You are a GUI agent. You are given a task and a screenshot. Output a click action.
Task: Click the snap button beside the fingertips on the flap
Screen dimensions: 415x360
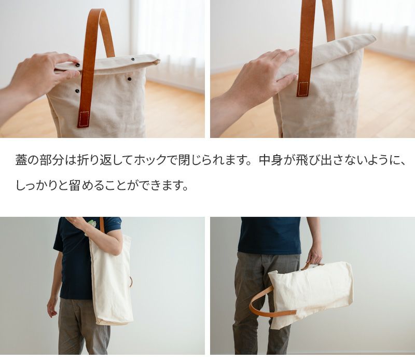[x=77, y=65]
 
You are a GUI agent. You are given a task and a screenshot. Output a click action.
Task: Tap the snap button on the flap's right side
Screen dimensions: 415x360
[x=133, y=59]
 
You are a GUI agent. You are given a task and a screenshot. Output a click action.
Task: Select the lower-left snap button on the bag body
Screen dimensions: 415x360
[x=77, y=91]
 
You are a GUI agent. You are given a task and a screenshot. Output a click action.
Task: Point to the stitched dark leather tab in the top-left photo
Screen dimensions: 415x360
[x=84, y=119]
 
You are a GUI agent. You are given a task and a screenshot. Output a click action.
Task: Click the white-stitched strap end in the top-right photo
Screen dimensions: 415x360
[x=303, y=89]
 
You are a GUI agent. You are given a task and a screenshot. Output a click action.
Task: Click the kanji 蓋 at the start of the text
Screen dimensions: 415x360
[x=21, y=160]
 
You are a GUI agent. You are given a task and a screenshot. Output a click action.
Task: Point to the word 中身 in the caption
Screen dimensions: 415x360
[x=270, y=160]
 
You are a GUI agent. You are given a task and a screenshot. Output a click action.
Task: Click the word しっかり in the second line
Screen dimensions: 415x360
[x=36, y=185]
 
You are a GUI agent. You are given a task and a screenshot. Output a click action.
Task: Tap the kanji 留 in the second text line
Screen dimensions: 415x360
[x=74, y=185]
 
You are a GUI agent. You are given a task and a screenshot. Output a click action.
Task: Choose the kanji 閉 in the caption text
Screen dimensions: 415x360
[x=184, y=160]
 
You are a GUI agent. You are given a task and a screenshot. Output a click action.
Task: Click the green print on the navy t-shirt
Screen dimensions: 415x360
[x=91, y=226]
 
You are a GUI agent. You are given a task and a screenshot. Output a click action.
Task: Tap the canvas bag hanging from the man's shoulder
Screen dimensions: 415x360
[x=111, y=281]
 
